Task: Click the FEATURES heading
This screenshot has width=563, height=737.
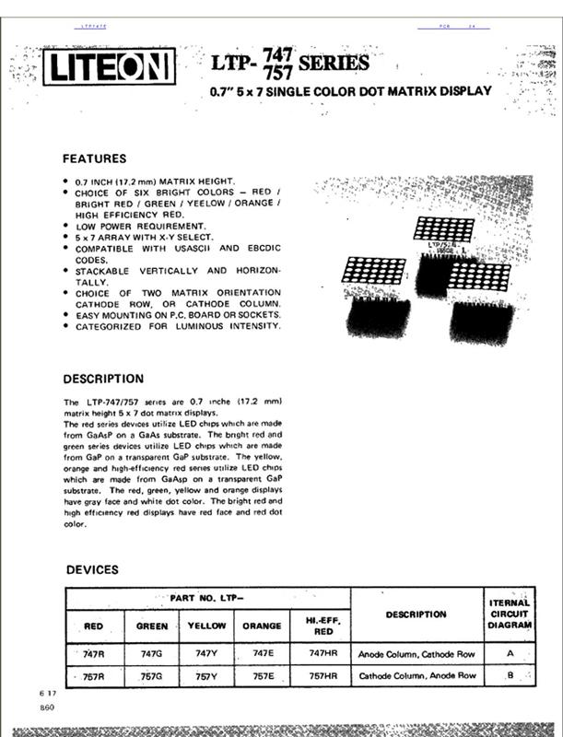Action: (94, 158)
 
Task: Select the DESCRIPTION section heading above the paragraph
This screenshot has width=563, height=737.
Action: (103, 379)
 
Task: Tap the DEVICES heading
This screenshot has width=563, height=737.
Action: (92, 569)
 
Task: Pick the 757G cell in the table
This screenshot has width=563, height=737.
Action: (152, 676)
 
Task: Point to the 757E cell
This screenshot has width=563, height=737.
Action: (262, 676)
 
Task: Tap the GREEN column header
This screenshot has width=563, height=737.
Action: (152, 626)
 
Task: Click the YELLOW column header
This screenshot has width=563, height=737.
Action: (206, 626)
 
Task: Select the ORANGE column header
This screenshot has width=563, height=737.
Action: (262, 626)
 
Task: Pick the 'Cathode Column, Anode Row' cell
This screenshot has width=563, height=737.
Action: (416, 676)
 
